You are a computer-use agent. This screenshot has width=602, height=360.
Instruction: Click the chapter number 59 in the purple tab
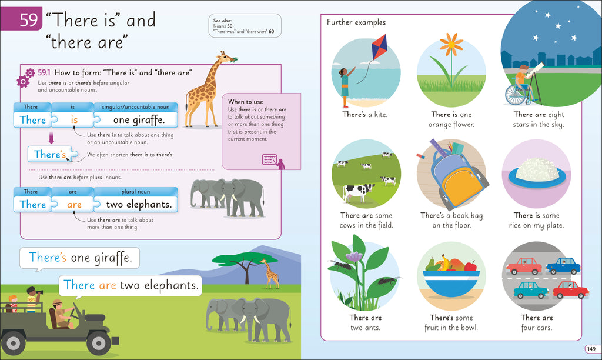[28, 21]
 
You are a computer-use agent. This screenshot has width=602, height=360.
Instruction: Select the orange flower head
[451, 42]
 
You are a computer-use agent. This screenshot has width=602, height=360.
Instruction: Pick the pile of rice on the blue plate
[536, 168]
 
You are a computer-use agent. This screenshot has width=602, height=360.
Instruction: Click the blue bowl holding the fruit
[451, 285]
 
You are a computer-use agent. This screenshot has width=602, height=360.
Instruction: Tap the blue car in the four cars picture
[563, 266]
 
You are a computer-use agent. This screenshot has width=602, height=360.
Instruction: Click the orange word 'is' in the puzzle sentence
[73, 120]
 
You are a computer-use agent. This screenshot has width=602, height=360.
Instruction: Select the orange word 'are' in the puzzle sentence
[74, 205]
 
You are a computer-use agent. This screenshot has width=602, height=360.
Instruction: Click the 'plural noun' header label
[136, 192]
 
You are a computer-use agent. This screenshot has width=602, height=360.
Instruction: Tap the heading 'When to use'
[245, 102]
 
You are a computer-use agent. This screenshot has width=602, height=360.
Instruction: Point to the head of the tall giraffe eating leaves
[226, 58]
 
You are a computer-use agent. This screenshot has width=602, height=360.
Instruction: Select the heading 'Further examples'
[356, 22]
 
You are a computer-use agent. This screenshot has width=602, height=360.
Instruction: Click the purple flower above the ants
[354, 256]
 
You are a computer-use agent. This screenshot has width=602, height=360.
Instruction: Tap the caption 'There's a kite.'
[364, 115]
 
